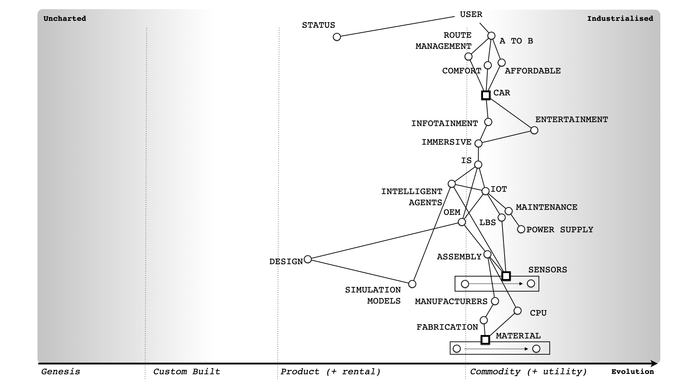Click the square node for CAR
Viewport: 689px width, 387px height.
tap(486, 95)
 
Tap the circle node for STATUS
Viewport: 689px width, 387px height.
tap(337, 37)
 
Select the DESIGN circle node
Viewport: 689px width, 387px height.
tap(308, 259)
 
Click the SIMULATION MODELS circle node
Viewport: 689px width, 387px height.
tap(412, 284)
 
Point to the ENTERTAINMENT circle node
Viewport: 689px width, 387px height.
tap(534, 130)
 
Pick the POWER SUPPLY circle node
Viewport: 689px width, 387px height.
tap(521, 229)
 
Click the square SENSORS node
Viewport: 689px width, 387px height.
tap(506, 276)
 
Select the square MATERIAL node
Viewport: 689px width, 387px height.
tap(485, 339)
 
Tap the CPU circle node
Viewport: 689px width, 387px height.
tap(517, 310)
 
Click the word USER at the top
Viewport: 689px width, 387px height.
tap(471, 14)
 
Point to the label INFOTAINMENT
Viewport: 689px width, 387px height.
tap(444, 123)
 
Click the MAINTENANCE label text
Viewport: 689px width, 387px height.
tap(546, 207)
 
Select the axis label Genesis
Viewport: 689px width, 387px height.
tap(61, 372)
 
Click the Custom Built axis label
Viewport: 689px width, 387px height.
tap(187, 372)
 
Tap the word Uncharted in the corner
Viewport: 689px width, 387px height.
tap(65, 19)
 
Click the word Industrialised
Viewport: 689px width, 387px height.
tap(620, 19)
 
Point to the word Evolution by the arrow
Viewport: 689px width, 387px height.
tap(632, 372)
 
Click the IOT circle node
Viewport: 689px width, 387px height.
tap(485, 191)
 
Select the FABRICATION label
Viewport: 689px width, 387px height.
tap(447, 327)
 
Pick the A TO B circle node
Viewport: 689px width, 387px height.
tap(491, 35)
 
